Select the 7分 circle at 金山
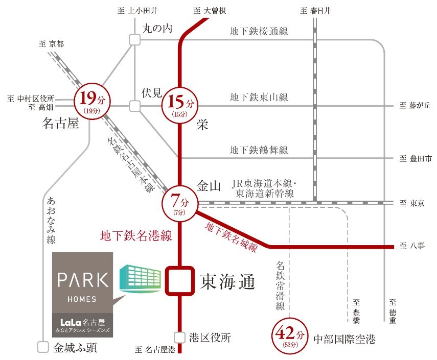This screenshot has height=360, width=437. [179, 203]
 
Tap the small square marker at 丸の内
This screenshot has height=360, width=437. [134, 39]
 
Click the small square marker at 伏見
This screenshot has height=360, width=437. [134, 106]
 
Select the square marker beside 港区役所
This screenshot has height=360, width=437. [179, 338]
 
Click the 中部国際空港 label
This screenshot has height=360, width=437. [344, 339]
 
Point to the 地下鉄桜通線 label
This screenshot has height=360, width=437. [259, 32]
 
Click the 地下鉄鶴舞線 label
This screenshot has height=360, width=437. [259, 150]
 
